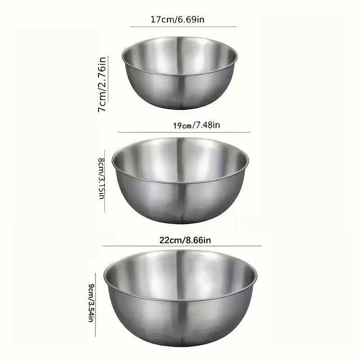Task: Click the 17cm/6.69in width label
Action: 177,19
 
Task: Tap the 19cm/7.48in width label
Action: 196,126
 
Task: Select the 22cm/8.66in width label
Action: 185,240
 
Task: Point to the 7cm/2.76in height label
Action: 102,85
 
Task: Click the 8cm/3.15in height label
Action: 101,178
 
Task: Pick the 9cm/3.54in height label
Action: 91,303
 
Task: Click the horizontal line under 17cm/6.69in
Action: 183,27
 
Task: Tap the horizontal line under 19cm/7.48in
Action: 184,132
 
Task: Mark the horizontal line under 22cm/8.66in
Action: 182,246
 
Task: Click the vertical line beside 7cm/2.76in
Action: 108,79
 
